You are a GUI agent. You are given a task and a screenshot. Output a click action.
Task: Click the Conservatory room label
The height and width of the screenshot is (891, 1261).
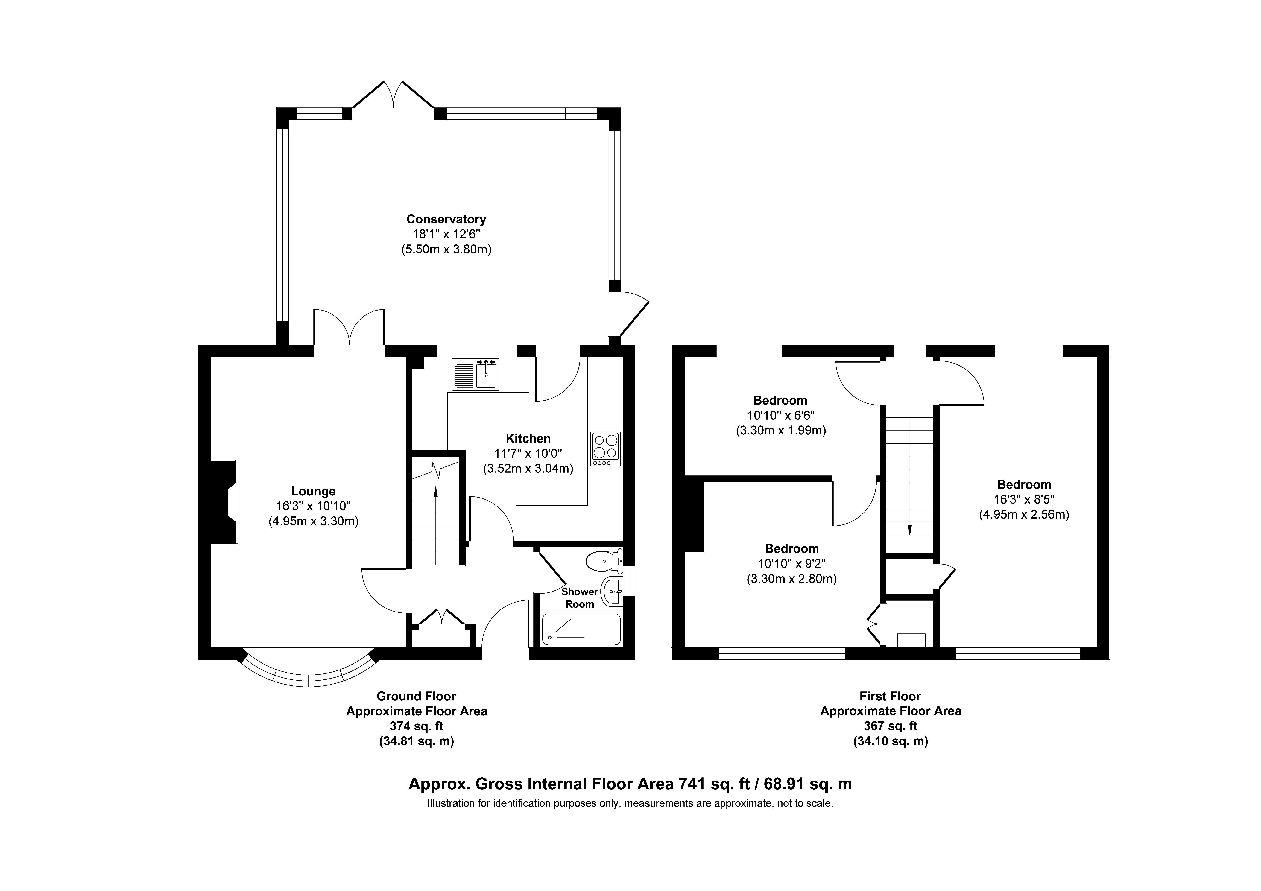tap(446, 219)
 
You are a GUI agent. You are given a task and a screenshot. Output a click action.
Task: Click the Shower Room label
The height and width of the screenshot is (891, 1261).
tap(579, 598)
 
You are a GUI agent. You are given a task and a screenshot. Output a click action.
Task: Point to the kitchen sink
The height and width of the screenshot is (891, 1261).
tap(476, 374)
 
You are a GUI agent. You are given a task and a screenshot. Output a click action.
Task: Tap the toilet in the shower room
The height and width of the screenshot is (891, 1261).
tap(604, 561)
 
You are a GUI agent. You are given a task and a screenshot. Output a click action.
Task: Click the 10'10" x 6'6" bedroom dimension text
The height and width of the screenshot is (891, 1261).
tap(780, 415)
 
